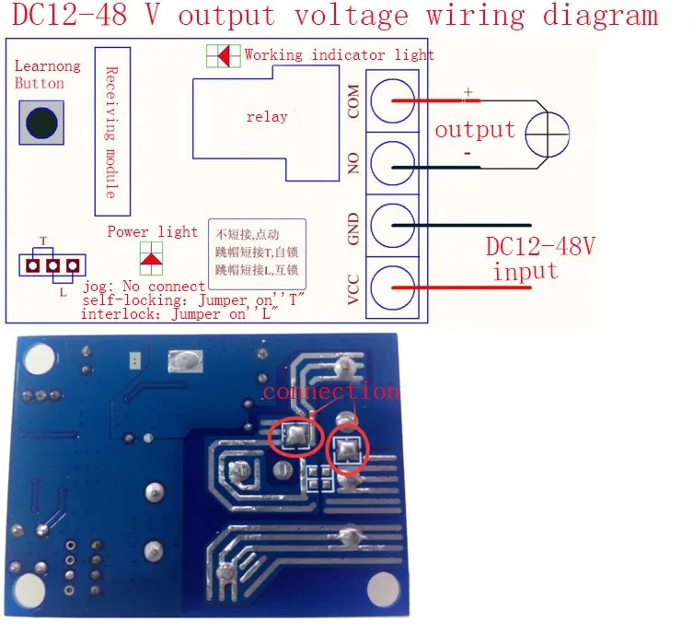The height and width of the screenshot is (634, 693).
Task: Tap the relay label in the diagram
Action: click(266, 117)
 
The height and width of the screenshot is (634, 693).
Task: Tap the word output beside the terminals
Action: click(474, 129)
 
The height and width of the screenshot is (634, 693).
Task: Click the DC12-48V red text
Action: click(540, 247)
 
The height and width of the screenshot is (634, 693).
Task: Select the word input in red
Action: click(525, 271)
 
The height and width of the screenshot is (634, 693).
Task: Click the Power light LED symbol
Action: click(151, 257)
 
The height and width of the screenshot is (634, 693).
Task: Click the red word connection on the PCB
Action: click(330, 391)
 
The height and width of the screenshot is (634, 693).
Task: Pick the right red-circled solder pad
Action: click(348, 450)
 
